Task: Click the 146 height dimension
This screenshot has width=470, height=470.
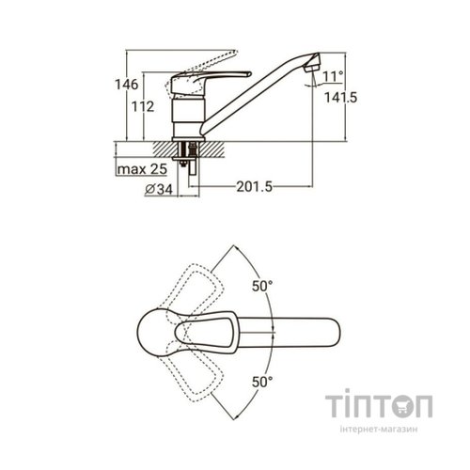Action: [x=126, y=85]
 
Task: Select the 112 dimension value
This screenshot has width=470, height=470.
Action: [x=143, y=106]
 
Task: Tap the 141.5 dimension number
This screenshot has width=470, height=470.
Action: [x=340, y=98]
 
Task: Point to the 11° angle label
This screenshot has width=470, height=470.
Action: [x=333, y=76]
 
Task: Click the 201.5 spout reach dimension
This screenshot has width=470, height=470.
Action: [x=255, y=187]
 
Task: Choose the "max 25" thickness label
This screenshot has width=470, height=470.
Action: [x=142, y=169]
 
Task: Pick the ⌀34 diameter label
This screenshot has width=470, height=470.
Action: [x=159, y=189]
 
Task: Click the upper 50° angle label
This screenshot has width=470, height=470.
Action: [x=262, y=286]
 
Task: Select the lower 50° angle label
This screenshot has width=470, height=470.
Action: [x=262, y=382]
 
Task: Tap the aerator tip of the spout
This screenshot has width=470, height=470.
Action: [x=312, y=64]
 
